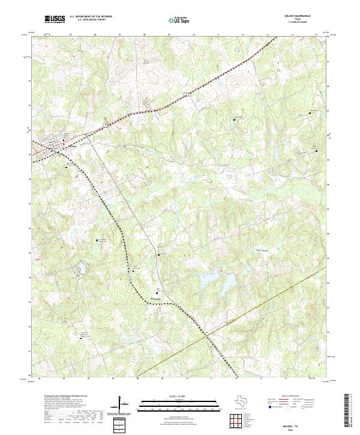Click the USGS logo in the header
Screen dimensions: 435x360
54,20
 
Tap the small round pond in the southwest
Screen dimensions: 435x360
79,265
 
